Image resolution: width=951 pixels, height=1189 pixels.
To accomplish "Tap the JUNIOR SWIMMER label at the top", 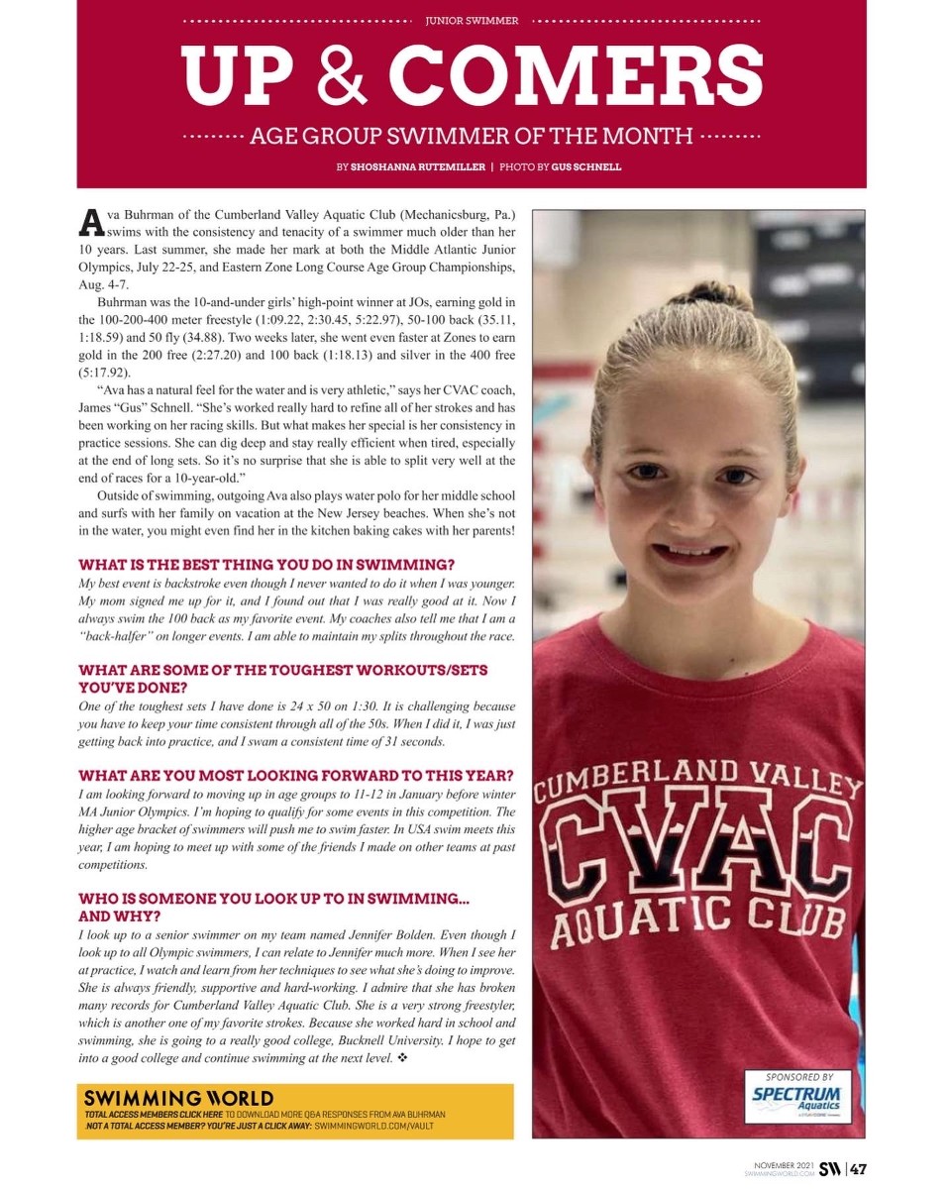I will [x=472, y=20].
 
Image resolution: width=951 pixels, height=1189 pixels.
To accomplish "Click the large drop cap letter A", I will [x=90, y=222].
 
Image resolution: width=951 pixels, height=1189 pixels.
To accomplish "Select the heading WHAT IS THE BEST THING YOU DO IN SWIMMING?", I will [x=266, y=564].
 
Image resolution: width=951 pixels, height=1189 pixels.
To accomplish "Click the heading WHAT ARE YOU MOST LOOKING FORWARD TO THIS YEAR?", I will [x=295, y=775].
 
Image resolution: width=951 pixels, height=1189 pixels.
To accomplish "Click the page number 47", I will [x=858, y=1169].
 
